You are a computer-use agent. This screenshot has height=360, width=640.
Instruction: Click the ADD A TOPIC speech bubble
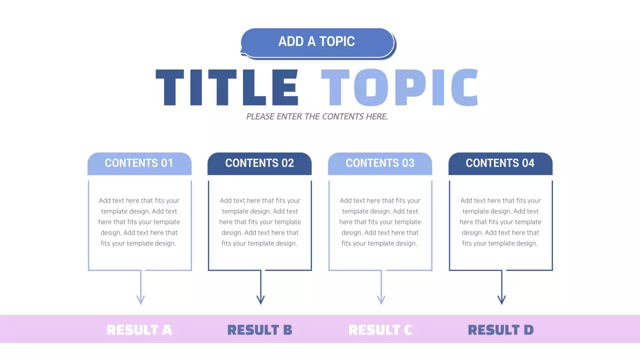pos(317,42)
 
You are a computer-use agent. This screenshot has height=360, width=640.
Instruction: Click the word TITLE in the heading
pos(227,87)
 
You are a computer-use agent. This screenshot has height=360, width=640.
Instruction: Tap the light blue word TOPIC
pos(399,87)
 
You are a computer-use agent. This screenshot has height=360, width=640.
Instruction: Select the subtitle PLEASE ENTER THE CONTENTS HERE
pos(317,116)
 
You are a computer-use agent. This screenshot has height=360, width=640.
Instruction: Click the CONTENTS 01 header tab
pos(139,163)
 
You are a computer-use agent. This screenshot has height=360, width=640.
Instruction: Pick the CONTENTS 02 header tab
pos(259,163)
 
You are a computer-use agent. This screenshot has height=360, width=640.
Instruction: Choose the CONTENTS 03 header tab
pos(380,163)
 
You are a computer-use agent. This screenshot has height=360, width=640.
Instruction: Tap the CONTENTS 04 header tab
pos(500,163)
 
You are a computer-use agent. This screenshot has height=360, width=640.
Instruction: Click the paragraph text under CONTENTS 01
pos(139,222)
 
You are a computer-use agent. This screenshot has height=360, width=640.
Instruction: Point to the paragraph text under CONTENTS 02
pos(260,222)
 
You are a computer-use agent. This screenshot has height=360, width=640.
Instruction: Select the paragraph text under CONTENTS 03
pos(380,222)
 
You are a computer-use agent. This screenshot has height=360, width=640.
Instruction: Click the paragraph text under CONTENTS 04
pos(500,222)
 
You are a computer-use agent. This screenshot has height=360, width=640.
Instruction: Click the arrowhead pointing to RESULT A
pos(140,299)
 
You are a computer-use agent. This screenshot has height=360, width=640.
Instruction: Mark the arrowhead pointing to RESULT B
pos(260,299)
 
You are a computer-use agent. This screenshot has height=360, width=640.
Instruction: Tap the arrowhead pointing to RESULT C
pos(381,299)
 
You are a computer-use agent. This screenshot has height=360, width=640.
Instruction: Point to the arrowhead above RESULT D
pos(501,299)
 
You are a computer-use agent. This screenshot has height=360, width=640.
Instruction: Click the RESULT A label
pos(139,330)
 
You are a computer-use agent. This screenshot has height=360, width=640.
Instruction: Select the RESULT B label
pos(259,330)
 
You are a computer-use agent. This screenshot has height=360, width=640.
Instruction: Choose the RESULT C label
pos(380,330)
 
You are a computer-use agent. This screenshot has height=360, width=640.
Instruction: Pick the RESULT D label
pos(500,330)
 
